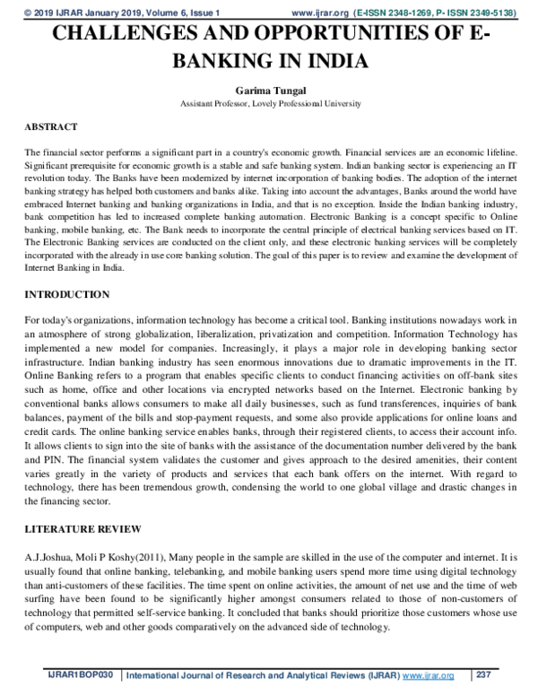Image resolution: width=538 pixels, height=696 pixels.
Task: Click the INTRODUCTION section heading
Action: tap(67, 294)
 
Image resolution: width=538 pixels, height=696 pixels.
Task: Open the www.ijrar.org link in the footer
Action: tap(429, 674)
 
